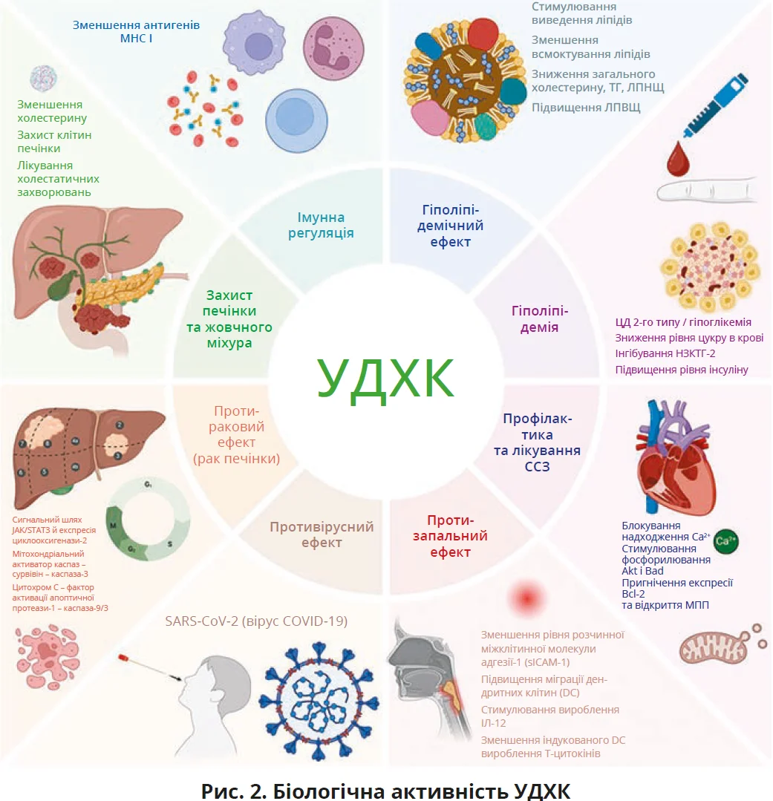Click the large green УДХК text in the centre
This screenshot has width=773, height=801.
tap(385, 379)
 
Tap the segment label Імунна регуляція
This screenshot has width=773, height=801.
tap(322, 225)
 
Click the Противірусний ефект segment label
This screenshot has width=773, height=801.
tap(322, 534)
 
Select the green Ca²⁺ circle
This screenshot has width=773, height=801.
tap(725, 543)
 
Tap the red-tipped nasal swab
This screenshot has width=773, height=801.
tap(149, 665)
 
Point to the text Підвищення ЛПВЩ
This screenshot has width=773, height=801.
tap(586, 108)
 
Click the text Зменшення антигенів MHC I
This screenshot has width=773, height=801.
tap(136, 31)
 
